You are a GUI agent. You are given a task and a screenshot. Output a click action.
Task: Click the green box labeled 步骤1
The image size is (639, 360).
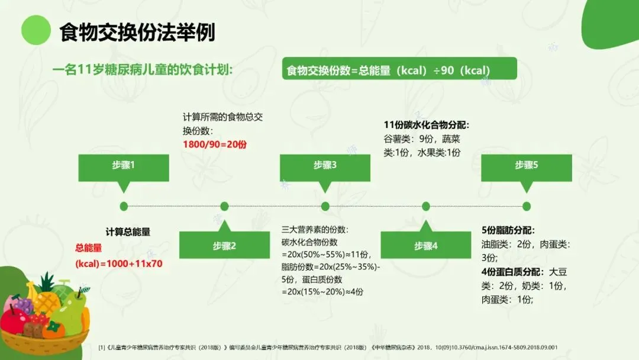tap(124, 168)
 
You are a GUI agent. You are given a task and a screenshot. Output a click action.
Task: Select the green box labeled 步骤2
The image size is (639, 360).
tap(225, 245)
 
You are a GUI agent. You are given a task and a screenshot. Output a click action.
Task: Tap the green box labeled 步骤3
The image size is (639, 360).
tap(325, 168)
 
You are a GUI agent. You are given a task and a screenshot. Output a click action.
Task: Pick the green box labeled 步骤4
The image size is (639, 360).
tap(426, 245)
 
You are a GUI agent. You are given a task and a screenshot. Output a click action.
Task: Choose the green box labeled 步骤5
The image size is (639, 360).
tap(527, 168)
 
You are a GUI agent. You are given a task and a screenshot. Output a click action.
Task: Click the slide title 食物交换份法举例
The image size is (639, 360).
tap(137, 32)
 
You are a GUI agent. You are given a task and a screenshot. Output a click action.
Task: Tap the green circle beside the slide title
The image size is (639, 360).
tap(36, 30)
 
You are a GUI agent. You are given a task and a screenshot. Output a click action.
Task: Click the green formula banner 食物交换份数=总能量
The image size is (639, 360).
tap(399, 69)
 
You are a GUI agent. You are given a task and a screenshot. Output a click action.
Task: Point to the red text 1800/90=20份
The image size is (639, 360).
tap(215, 144)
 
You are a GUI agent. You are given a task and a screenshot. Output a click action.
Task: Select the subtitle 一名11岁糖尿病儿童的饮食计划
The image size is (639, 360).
tap(143, 70)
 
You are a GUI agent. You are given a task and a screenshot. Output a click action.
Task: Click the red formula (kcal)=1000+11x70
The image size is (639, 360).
tap(119, 263)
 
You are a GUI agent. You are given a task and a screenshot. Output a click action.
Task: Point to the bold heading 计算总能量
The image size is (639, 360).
tap(128, 232)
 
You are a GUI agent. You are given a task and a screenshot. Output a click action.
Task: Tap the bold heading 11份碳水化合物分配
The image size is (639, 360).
tap(426, 125)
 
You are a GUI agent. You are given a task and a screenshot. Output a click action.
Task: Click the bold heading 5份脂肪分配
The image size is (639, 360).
tap(508, 230)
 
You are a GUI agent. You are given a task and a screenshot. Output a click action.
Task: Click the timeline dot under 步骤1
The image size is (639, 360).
tap(124, 206)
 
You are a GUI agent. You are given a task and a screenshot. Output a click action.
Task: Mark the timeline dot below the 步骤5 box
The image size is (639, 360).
tap(527, 206)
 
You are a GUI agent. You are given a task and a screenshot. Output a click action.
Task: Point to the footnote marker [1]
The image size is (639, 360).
tap(102, 348)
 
